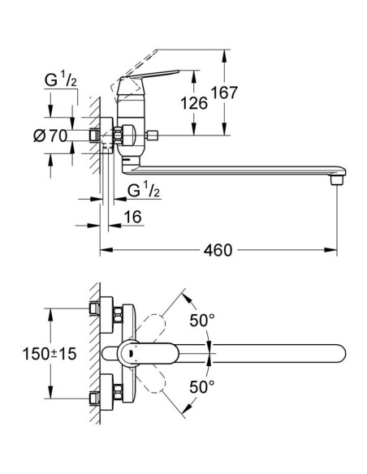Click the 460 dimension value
pyautogui.click(x=218, y=250)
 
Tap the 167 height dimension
pyautogui.click(x=224, y=93)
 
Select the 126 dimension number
pyautogui.click(x=194, y=103)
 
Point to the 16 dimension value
pyautogui.click(x=132, y=217)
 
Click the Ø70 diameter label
pyautogui.click(x=50, y=136)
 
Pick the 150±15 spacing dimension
pyautogui.click(x=50, y=354)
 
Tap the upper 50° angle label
pyautogui.click(x=202, y=320)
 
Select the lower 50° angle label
pyautogui.click(x=202, y=386)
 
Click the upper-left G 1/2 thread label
pyautogui.click(x=60, y=80)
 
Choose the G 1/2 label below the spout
pyautogui.click(x=144, y=191)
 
